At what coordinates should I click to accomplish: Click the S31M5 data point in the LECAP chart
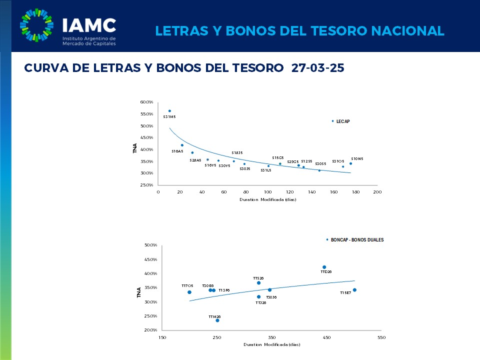(x=169, y=111)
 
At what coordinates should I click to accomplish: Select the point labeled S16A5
(x=182, y=145)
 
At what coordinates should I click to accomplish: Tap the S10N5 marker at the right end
(x=350, y=163)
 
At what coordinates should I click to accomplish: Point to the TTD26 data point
(x=324, y=267)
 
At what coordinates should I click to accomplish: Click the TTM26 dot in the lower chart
(x=217, y=320)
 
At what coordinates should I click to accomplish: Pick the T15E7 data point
(x=354, y=290)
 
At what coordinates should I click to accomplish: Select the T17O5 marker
(x=189, y=292)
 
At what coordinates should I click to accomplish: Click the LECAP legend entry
(x=342, y=121)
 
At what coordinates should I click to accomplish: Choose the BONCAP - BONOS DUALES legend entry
(x=357, y=240)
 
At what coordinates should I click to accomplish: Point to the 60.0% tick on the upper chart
(x=146, y=102)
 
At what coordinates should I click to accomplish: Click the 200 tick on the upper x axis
(x=377, y=192)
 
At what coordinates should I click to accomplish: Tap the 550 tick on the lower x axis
(x=381, y=337)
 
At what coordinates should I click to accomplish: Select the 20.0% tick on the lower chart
(x=150, y=330)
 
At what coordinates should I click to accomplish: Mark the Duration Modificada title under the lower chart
(x=271, y=345)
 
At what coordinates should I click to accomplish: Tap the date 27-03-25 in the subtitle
(x=317, y=68)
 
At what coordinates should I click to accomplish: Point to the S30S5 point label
(x=320, y=163)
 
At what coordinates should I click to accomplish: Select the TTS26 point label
(x=258, y=278)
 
